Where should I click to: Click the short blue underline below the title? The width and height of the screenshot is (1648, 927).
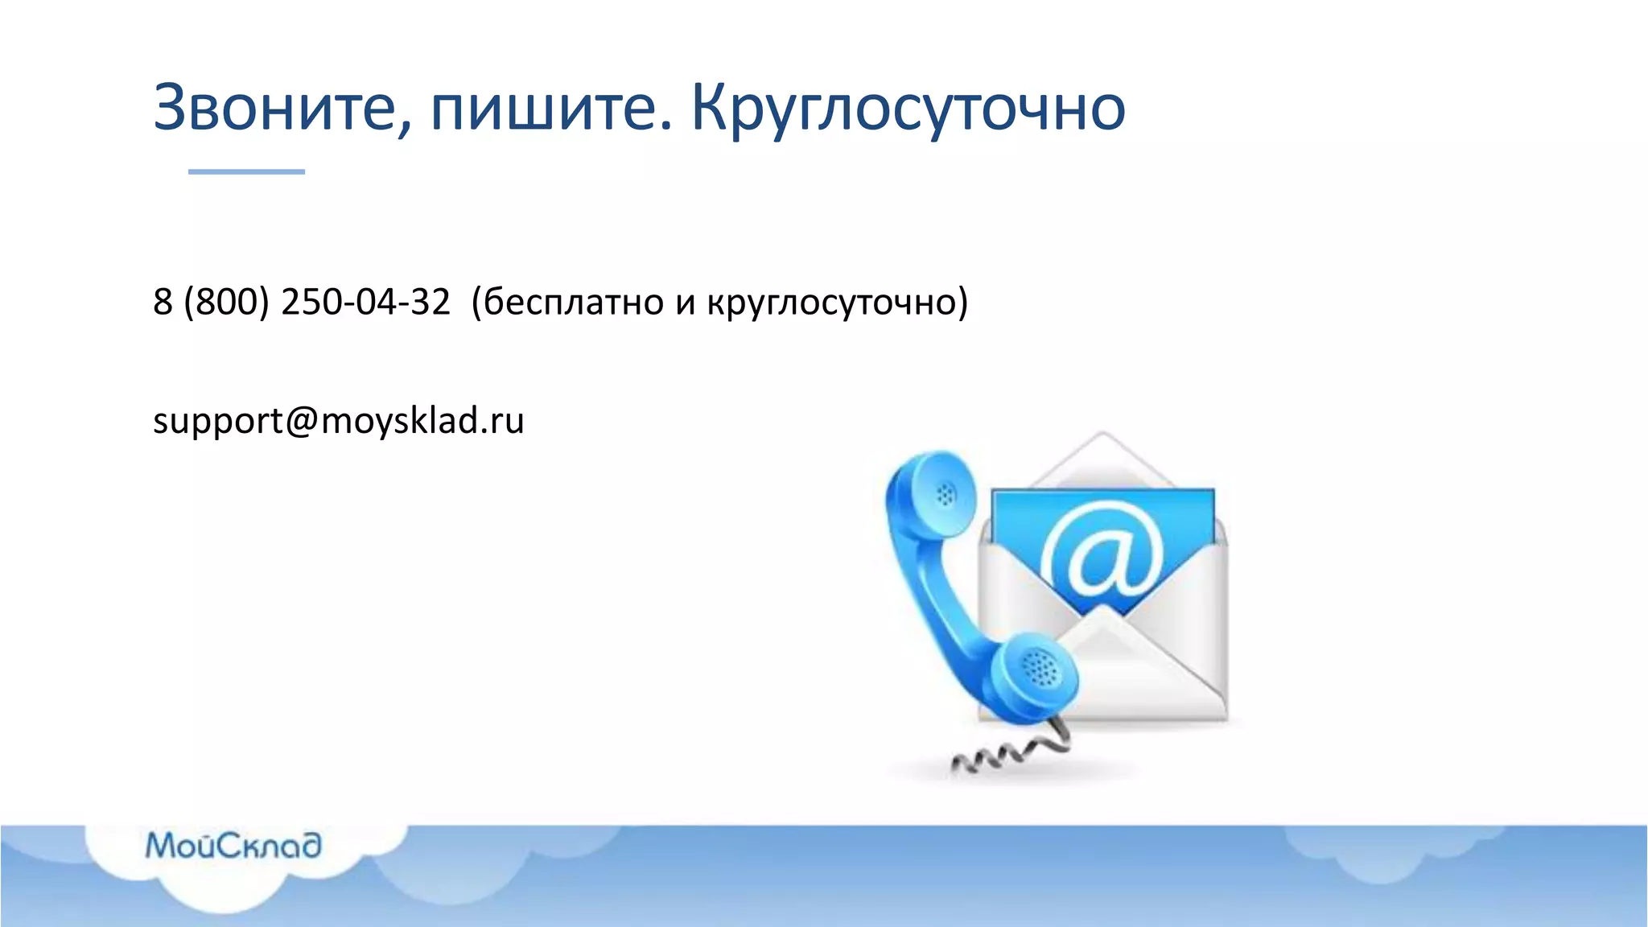[x=246, y=171]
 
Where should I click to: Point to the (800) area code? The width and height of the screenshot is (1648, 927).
[x=226, y=302]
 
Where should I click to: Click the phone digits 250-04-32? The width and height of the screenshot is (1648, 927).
[x=365, y=302]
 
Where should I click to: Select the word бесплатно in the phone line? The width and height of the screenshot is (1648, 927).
[x=573, y=302]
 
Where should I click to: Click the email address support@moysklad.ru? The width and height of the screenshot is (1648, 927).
[x=339, y=420]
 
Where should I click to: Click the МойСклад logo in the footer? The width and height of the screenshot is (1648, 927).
[x=233, y=846]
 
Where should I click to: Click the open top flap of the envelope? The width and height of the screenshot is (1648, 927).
[x=1102, y=459]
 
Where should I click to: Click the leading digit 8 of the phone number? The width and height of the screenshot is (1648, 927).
[x=163, y=302]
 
